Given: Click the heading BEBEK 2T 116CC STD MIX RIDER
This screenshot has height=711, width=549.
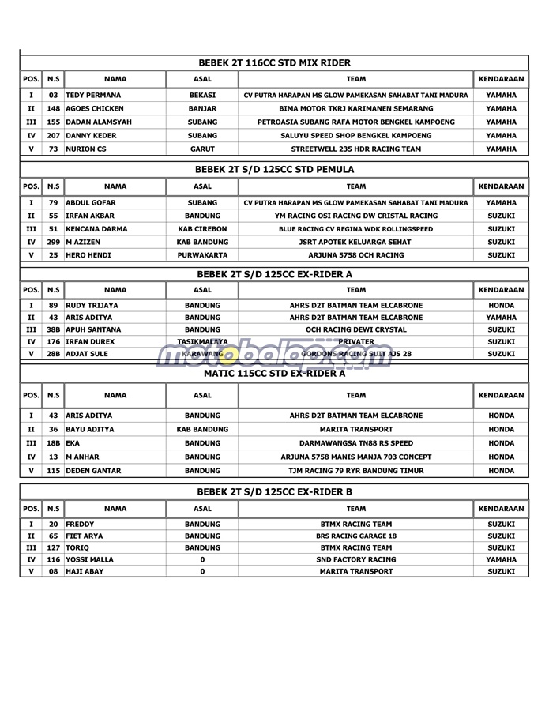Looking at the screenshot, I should pos(274,62).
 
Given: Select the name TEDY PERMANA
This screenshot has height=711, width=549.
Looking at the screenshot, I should pos(93,96).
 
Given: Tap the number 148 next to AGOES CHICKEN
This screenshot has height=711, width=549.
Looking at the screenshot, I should pos(53,109).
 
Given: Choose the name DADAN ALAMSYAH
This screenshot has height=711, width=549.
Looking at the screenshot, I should pos(99,122).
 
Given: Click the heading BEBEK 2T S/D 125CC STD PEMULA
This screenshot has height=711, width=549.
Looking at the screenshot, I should pos(274,169).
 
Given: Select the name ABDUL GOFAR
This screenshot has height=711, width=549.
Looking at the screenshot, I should pos(92,202).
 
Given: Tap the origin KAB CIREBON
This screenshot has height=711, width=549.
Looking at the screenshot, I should pos(202,229).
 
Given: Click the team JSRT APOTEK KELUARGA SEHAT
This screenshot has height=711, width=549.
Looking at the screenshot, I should pos(355,243).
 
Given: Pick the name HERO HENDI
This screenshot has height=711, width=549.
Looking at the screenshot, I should pos(88,256).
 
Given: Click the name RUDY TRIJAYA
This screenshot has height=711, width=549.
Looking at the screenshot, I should pos(92,305).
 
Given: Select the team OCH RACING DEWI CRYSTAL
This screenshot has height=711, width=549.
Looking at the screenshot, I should pos(355,329).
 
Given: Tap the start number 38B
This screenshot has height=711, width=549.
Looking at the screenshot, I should pos(53,329).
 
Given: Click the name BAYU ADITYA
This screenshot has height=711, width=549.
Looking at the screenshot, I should pos(90,430).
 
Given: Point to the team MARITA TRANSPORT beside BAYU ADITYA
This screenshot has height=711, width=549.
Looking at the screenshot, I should pos(355,430).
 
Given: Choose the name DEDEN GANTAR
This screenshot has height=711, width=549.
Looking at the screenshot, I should pos(93,471).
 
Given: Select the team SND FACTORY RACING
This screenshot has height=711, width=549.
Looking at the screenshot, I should pos(355,559).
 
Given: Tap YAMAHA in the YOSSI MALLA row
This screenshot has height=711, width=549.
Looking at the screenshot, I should pos(501,559).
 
